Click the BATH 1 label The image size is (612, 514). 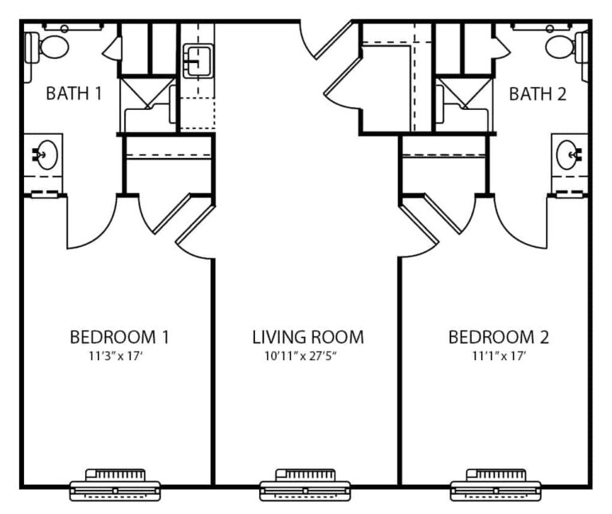74,94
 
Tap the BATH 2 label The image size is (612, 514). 537,94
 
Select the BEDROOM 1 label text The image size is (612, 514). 119,337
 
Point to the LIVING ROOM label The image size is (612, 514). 308,337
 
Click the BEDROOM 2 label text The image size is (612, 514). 498,337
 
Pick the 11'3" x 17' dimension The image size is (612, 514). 114,356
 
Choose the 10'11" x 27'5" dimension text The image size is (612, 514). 300,356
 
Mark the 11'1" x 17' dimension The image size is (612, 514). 499,356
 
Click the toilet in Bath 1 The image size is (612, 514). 47,47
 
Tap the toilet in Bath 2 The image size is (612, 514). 567,47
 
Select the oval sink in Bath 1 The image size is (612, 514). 47,155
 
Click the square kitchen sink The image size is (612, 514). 198,61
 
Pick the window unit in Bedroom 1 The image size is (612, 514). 115,485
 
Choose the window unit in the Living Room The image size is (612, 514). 305,485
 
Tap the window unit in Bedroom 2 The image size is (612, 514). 496,485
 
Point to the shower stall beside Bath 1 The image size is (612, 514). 147,104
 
